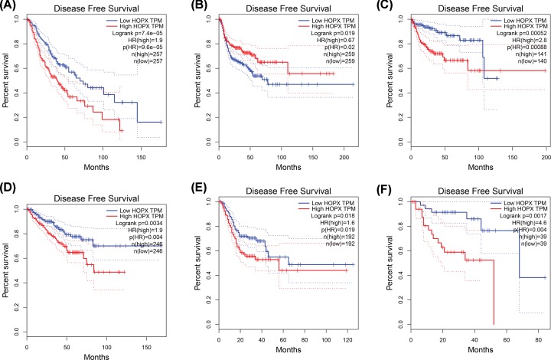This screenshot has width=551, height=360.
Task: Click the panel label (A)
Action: [9, 6]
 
